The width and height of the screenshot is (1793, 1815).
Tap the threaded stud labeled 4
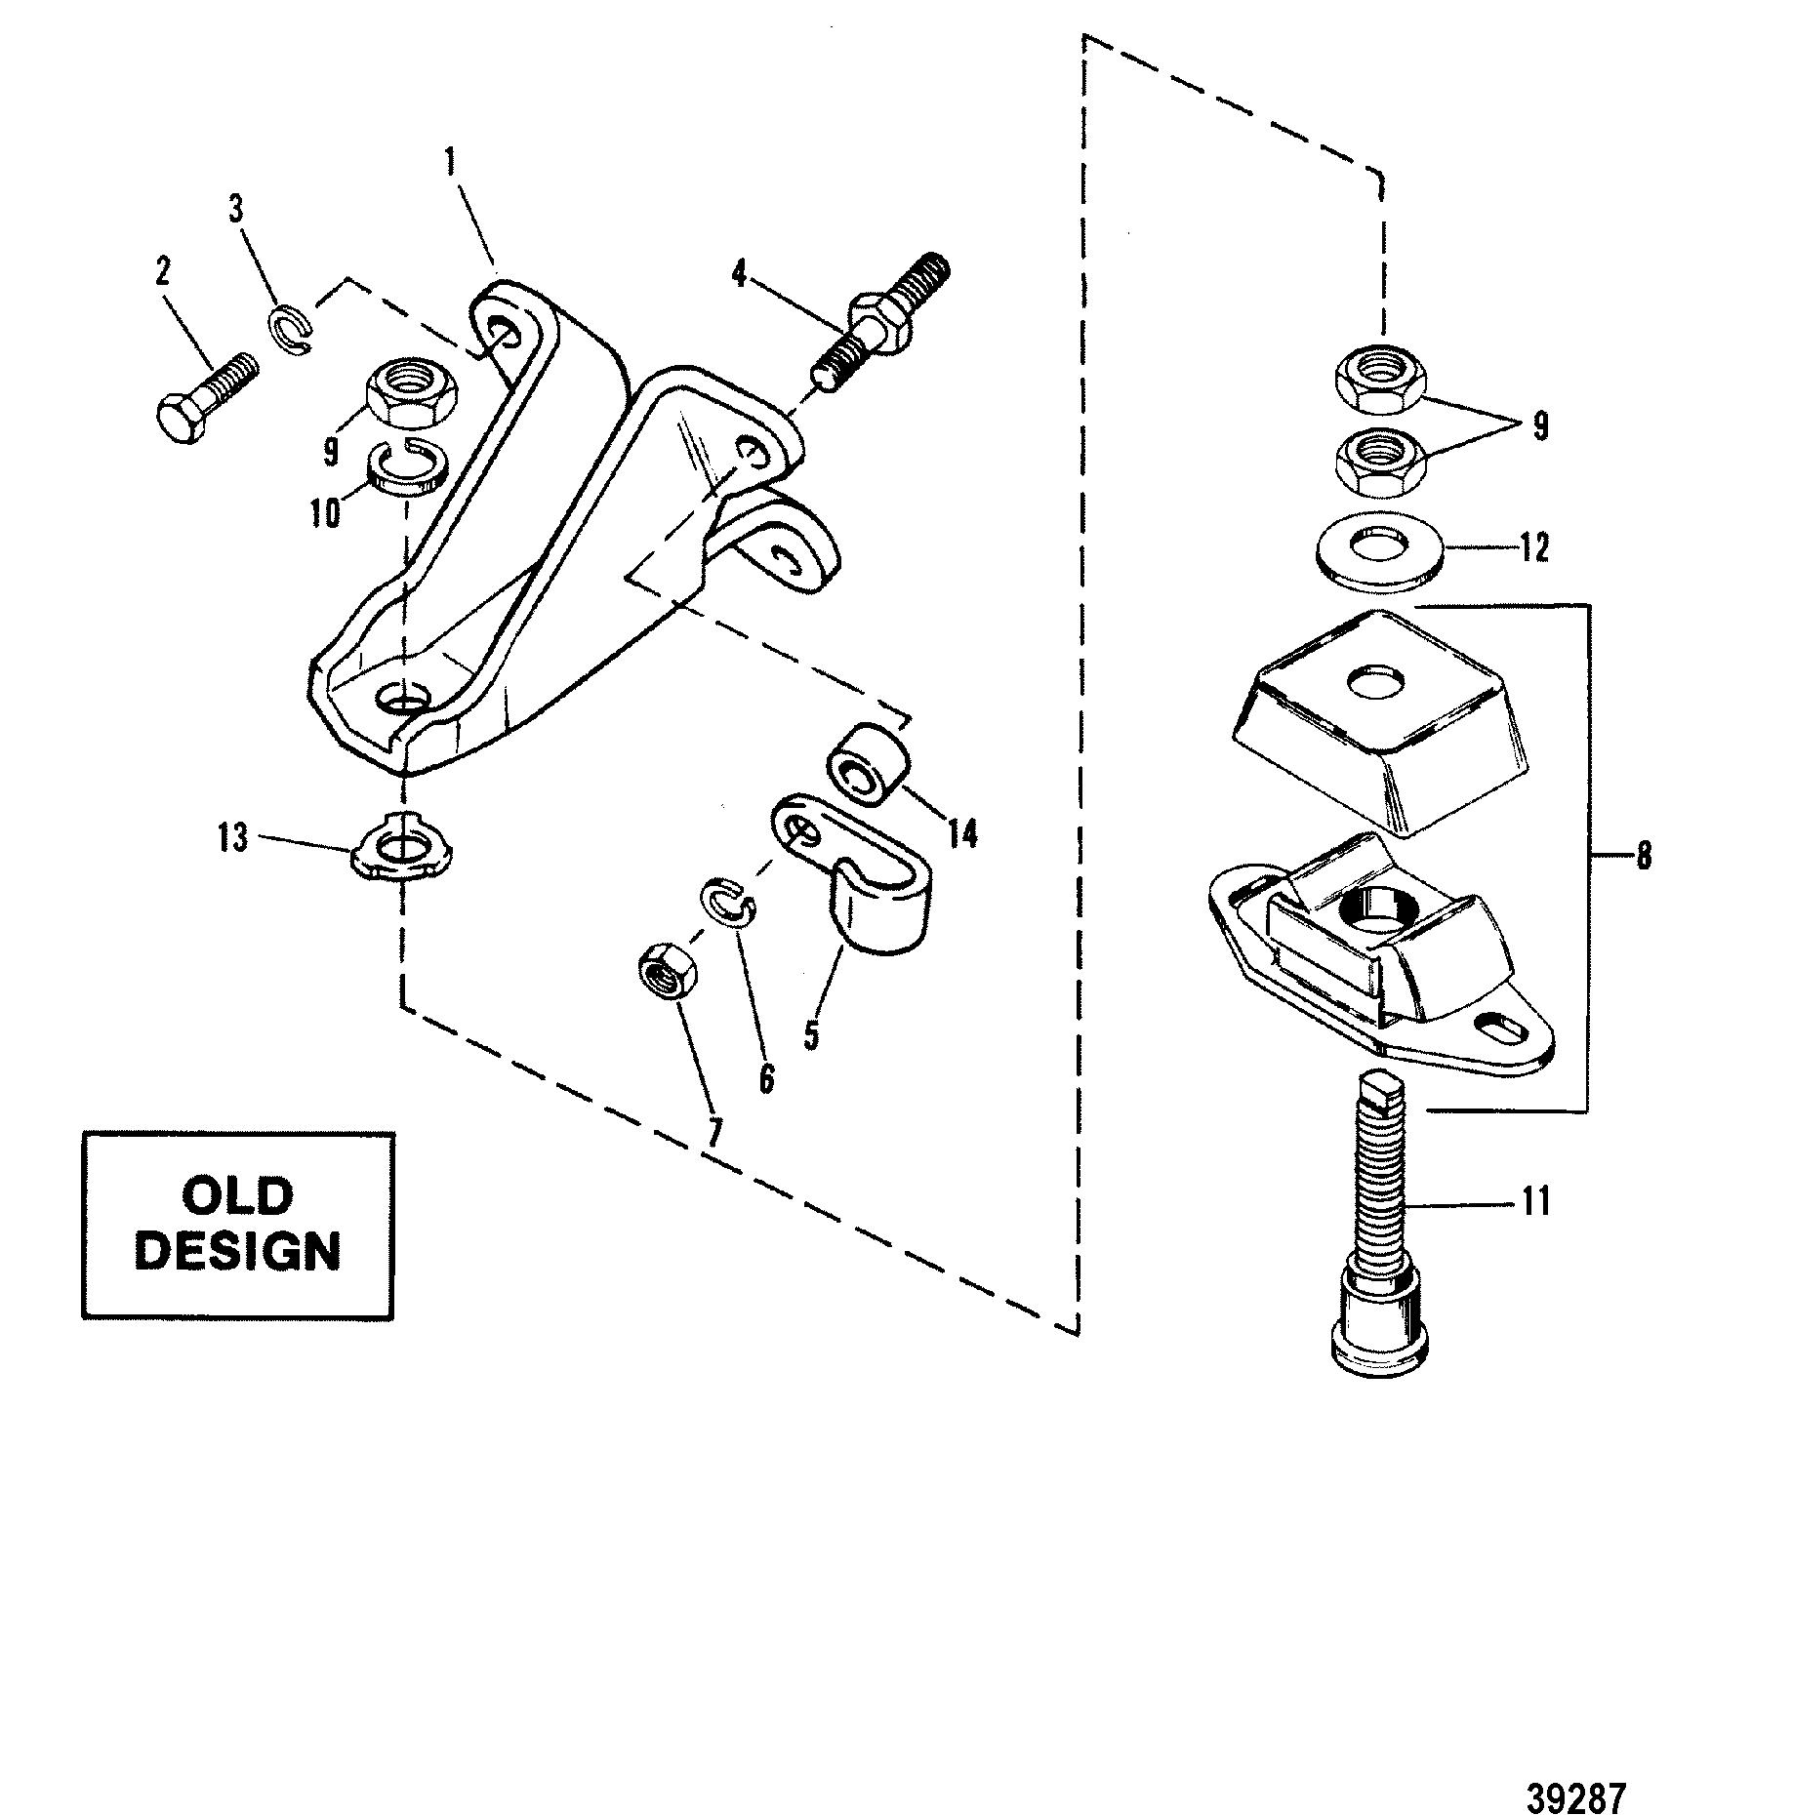[x=880, y=321]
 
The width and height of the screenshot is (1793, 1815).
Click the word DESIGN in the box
[x=238, y=1252]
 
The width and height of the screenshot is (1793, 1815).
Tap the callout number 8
[x=1644, y=856]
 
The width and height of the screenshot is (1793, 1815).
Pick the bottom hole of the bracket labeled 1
[x=401, y=697]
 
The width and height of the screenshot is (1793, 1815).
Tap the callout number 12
[x=1534, y=547]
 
